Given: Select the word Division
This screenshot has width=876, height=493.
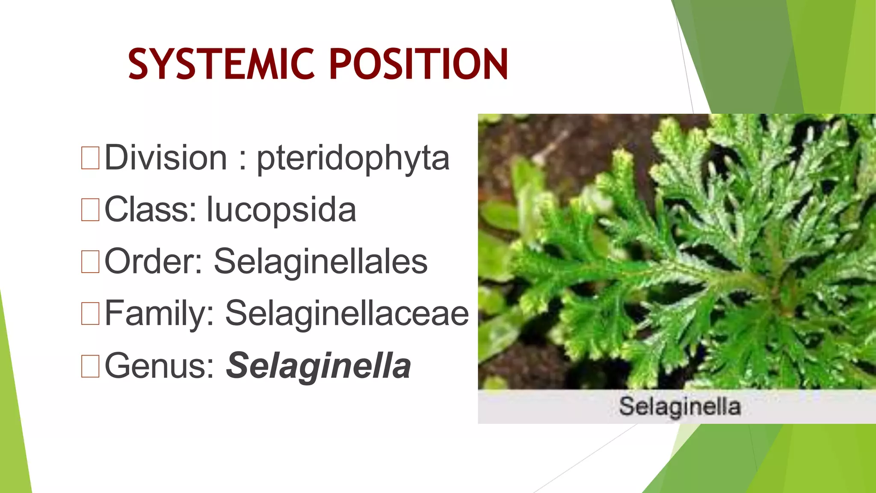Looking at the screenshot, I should [x=166, y=157].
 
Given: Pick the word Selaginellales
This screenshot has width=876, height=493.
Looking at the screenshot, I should [x=320, y=261].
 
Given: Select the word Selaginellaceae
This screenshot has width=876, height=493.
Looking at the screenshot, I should [x=347, y=314].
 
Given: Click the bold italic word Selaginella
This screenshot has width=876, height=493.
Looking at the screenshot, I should [x=318, y=366].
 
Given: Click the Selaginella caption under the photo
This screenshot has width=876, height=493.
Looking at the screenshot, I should [x=680, y=407].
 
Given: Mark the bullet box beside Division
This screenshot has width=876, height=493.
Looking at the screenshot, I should [x=90, y=157].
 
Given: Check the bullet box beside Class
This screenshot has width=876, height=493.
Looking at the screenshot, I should [x=90, y=210].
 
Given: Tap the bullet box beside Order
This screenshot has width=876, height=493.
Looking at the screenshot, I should [x=90, y=261].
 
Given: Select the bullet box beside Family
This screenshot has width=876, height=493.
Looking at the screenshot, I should [x=90, y=314].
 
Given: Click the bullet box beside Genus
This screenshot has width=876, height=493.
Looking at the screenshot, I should [x=90, y=366].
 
